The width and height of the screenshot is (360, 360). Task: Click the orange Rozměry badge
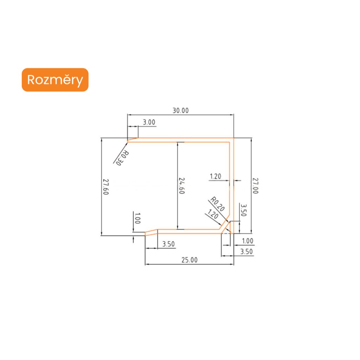click(x=55, y=80)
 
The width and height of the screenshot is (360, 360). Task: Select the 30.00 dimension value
click(x=180, y=110)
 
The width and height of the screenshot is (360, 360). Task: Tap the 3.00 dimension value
click(x=148, y=122)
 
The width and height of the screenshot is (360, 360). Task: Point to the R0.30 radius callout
click(x=122, y=159)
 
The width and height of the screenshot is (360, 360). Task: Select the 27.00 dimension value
click(x=256, y=186)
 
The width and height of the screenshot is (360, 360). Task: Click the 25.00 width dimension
click(x=189, y=260)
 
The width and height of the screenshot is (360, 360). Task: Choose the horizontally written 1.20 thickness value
click(x=215, y=176)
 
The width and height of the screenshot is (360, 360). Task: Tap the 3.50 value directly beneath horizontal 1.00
click(x=246, y=251)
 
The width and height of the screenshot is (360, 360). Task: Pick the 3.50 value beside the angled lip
click(x=168, y=244)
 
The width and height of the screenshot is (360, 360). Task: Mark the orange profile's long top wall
click(x=183, y=140)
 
